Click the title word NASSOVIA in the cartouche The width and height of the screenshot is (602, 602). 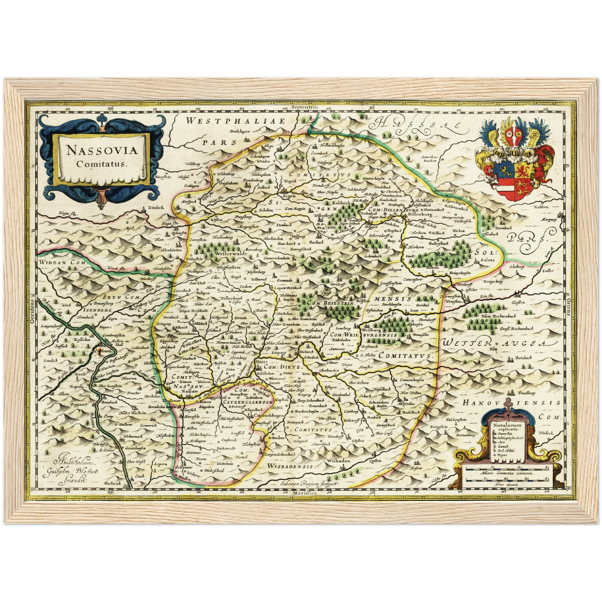tap(102, 150)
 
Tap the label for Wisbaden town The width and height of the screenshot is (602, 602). tap(337, 461)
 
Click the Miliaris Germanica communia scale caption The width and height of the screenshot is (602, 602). tap(505, 475)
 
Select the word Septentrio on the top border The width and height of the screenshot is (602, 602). tap(305, 107)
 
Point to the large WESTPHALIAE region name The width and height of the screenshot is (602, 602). tap(235, 121)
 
